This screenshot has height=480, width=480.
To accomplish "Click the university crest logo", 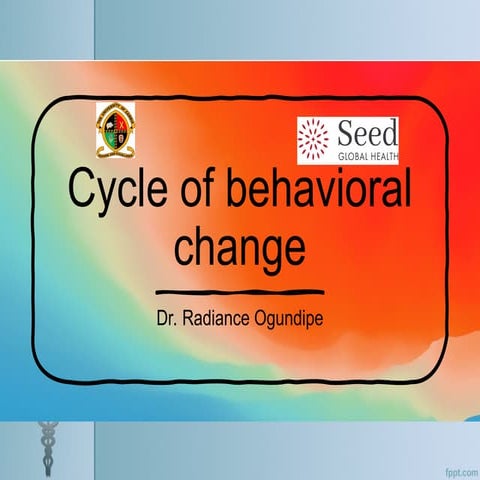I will [x=119, y=130].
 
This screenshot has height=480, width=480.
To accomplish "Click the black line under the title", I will [x=241, y=293].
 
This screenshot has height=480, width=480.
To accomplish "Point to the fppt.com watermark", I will [x=454, y=468].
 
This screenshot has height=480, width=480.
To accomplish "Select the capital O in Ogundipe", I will [x=262, y=322].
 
